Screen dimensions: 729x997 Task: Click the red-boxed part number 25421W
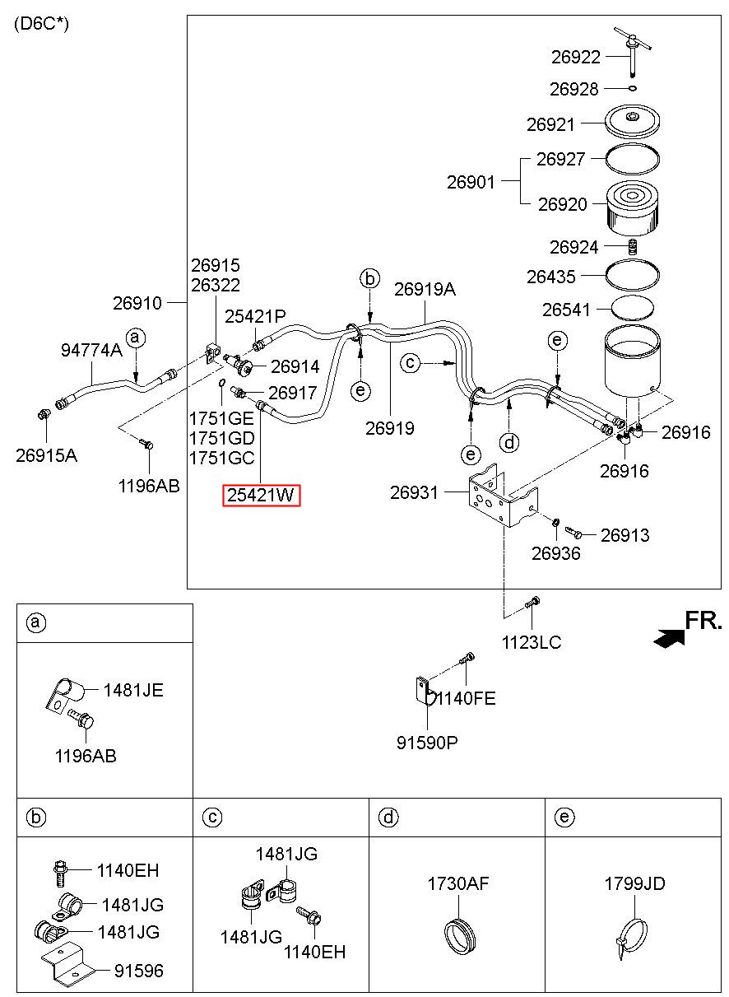261,495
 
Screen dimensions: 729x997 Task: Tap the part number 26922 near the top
576,57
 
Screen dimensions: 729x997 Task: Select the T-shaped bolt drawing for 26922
632,50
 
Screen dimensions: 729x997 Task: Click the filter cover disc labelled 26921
633,121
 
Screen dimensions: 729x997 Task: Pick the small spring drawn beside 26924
632,247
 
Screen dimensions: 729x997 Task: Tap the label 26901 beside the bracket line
471,182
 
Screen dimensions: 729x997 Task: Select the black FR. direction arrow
668,638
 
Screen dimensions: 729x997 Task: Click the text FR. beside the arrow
703,620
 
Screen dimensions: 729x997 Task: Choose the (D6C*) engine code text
41,24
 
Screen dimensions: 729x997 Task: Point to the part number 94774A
91,350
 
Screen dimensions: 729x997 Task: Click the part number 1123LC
532,642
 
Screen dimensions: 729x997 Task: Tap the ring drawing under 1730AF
460,935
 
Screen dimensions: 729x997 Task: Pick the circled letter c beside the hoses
410,363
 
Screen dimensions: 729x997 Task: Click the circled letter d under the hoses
508,442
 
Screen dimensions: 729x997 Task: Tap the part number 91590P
427,743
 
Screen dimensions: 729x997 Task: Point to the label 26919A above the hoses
425,289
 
